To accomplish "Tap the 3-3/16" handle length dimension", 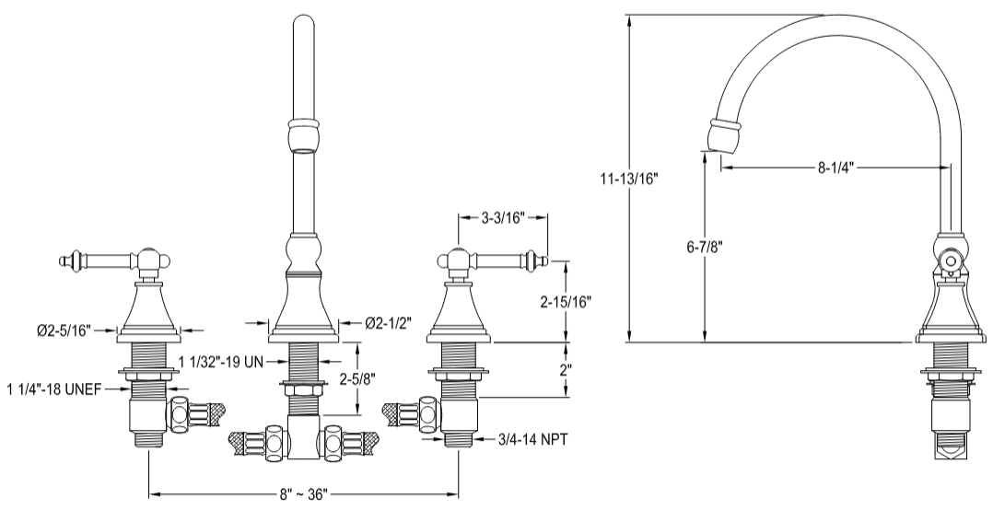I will [x=503, y=218].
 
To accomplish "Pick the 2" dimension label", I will [x=566, y=369].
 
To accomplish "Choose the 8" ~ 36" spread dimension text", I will [x=305, y=494].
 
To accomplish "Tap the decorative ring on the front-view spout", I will [x=305, y=122].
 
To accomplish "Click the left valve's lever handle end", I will [x=66, y=263].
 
